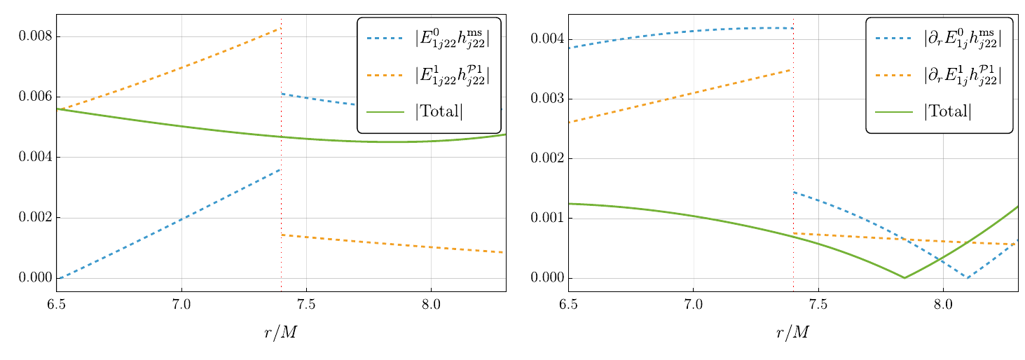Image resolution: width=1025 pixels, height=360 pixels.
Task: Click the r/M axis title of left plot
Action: (x=280, y=333)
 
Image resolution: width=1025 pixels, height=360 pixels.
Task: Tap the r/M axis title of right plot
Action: (x=792, y=333)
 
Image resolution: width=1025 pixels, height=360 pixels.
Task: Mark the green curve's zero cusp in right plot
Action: (x=904, y=278)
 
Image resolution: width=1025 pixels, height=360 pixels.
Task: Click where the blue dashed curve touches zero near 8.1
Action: (x=968, y=278)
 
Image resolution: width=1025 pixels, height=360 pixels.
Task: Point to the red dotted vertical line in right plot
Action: (x=793, y=154)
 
